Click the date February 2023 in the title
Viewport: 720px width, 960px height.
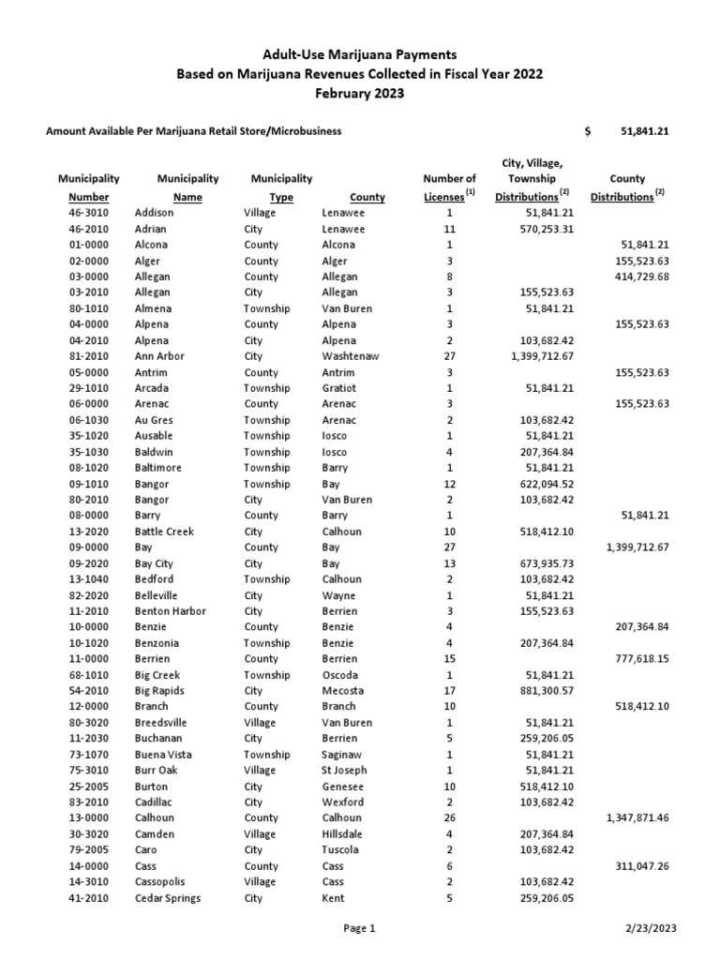click(360, 93)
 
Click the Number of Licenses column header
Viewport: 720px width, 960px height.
click(450, 187)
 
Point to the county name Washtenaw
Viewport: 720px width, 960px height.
click(348, 356)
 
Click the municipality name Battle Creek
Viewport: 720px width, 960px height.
click(164, 532)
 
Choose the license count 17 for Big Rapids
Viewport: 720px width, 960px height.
click(450, 691)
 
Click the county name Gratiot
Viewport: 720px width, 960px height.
click(338, 388)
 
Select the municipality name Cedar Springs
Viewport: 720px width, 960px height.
click(167, 898)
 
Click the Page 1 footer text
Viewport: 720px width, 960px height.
click(360, 929)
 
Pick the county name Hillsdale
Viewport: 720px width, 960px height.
click(342, 834)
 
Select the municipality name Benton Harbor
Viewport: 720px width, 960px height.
click(170, 611)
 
